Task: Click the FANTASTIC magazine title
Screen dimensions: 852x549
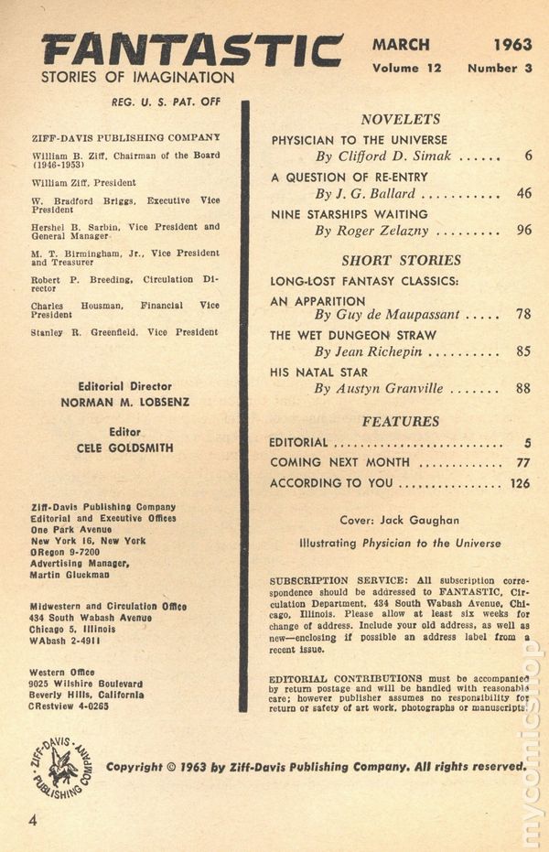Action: pos(192,49)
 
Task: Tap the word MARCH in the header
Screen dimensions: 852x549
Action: pos(402,43)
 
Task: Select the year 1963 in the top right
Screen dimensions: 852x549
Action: pos(513,43)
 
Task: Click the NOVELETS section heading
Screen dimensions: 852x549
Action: pos(400,119)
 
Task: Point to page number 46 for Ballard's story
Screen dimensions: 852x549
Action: pos(523,193)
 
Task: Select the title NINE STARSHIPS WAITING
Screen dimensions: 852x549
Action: pos(350,214)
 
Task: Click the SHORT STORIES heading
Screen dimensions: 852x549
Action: pos(401,260)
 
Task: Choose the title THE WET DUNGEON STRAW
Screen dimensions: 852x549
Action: pos(353,335)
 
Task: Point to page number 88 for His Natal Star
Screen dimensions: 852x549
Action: pos(523,388)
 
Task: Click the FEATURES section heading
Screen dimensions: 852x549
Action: pos(400,421)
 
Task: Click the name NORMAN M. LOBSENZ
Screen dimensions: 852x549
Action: pos(125,401)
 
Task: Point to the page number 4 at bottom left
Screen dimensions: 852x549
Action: pos(33,820)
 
